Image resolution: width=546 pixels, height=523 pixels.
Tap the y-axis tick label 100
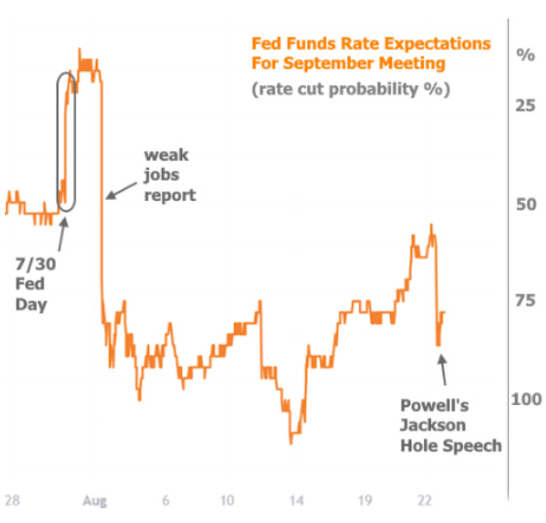coord(526,399)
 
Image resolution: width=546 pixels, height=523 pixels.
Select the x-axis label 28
coord(12,501)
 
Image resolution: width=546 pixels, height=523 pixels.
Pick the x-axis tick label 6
coord(167,501)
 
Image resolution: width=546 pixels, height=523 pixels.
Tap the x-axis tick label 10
coord(227,501)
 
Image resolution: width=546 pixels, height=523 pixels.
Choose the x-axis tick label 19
coord(364,501)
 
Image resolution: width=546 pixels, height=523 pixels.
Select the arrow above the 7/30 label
coord(63,231)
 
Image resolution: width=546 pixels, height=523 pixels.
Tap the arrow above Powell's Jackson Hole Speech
coord(443,370)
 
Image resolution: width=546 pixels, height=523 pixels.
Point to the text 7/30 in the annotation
coord(29,263)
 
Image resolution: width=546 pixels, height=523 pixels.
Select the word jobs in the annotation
coord(162,176)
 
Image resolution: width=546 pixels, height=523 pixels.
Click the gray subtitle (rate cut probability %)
coord(350,89)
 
